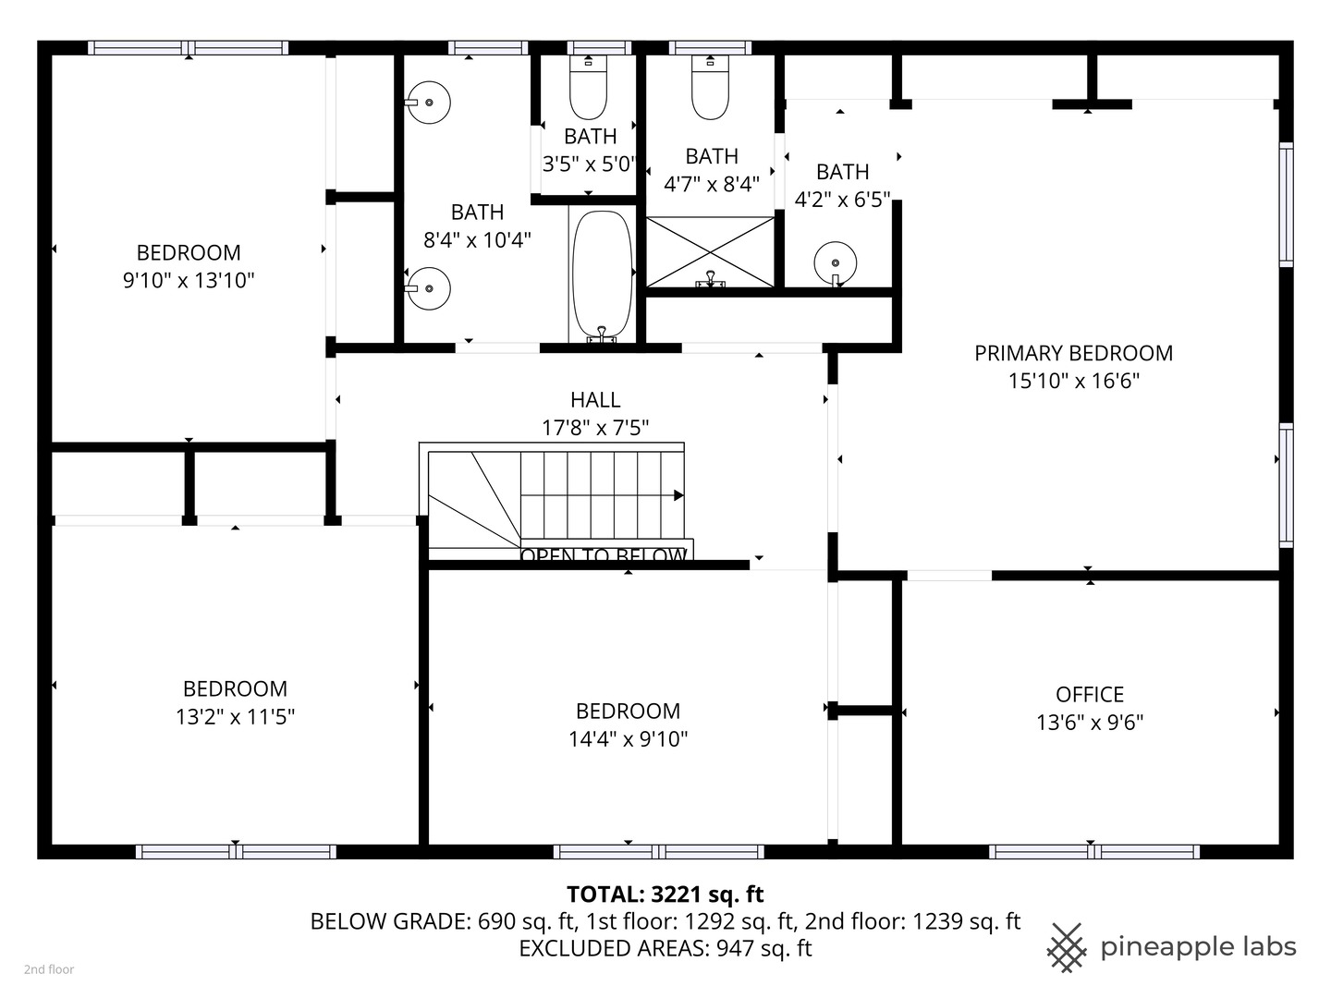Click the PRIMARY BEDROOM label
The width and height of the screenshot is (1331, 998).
coord(1073,353)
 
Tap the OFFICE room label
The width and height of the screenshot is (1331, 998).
coord(1090,695)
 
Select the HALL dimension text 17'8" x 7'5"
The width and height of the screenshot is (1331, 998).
coord(595,428)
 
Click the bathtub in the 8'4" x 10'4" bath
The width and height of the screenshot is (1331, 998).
coord(602,274)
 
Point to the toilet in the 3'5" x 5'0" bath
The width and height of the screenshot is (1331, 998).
coord(588,87)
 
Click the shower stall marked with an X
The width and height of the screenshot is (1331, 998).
coord(710,251)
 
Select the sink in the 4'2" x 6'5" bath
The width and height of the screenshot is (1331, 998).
coord(836,262)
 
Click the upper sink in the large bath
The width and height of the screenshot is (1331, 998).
coord(429,103)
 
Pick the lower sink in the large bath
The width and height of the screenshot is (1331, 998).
coord(429,288)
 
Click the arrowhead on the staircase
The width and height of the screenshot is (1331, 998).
coord(678,496)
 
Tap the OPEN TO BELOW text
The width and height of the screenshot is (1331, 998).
coord(604,555)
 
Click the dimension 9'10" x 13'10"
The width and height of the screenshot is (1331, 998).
coord(189,281)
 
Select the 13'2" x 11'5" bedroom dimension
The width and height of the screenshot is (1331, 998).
coord(235,717)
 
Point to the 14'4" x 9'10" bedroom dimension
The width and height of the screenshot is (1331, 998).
coord(629,739)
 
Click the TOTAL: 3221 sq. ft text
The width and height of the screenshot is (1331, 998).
coord(665,895)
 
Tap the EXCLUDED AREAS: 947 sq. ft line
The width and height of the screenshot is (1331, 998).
coord(665,949)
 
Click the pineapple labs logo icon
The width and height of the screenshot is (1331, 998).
coord(1067,947)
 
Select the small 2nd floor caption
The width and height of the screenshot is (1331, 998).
coord(49,969)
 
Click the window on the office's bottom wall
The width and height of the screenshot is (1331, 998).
coord(1093,852)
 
